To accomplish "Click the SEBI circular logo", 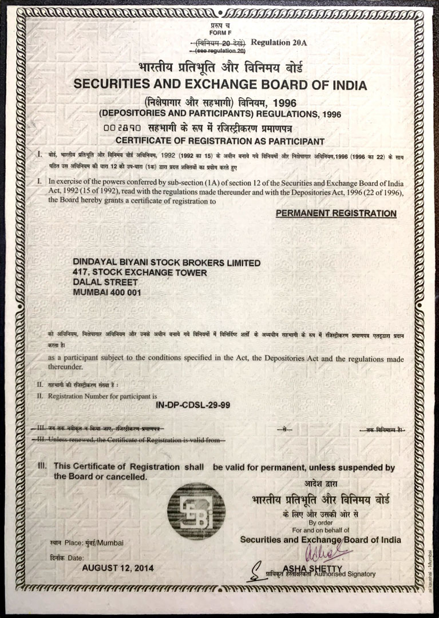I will pos(196,511).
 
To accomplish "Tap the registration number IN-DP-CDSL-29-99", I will pos(193,405).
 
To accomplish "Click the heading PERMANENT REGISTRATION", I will pos(336,213).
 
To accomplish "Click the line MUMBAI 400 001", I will pos(108,292).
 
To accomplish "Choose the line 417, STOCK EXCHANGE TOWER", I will pos(140,272).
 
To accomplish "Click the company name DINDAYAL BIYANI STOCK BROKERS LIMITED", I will pos(167,263).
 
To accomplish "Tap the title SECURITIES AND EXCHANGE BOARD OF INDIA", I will pos(220,85).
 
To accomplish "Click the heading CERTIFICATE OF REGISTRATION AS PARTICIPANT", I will pos(220,141).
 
